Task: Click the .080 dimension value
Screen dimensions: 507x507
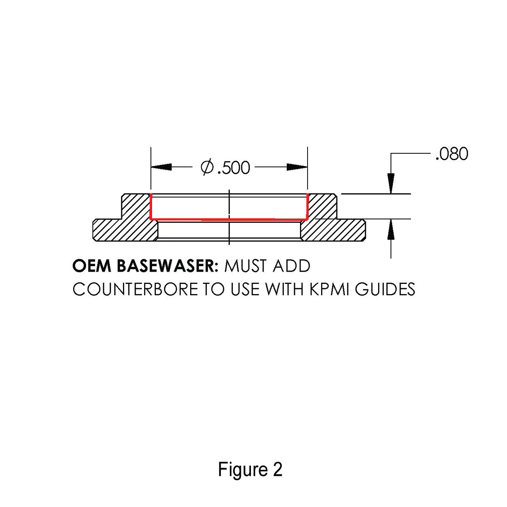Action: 452,154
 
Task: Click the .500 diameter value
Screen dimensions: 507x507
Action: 233,168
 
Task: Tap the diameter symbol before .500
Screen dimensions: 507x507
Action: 207,167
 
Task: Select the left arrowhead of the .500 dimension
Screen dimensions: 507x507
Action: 161,167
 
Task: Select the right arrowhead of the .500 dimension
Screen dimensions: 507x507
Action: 297,167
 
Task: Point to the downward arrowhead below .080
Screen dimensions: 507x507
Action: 391,183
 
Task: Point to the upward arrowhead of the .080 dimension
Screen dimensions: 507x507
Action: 391,229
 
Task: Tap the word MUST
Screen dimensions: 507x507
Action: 245,266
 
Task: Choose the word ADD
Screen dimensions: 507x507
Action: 292,266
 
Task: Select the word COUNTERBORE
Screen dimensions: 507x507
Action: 135,289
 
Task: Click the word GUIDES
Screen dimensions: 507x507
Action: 385,289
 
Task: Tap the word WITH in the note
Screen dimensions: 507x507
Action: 284,289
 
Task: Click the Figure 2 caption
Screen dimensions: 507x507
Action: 250,469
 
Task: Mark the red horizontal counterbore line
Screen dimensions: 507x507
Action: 229,219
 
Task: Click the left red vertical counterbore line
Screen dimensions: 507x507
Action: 150,207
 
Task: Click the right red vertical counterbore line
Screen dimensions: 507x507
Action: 307,207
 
